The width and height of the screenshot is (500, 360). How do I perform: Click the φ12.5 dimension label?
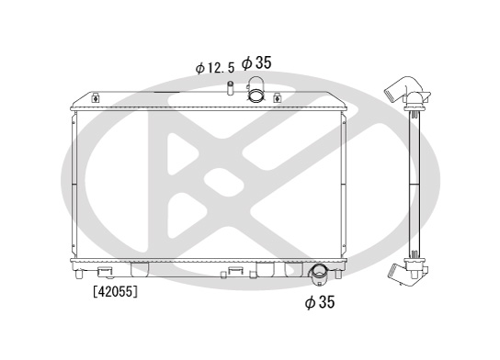[x=214, y=68]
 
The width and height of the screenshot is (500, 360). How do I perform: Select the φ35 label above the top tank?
[x=256, y=62]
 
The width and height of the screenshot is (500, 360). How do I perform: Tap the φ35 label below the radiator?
[x=320, y=302]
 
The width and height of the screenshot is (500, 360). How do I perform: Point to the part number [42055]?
[x=116, y=291]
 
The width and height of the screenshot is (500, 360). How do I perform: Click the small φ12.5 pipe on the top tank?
[x=230, y=87]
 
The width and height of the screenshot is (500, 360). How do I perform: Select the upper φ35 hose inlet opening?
[x=256, y=95]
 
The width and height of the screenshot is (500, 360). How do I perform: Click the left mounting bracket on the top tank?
[x=95, y=97]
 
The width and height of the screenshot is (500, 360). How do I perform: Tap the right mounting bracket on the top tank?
[x=277, y=97]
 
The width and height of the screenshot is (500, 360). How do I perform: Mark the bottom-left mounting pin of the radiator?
[x=78, y=274]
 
